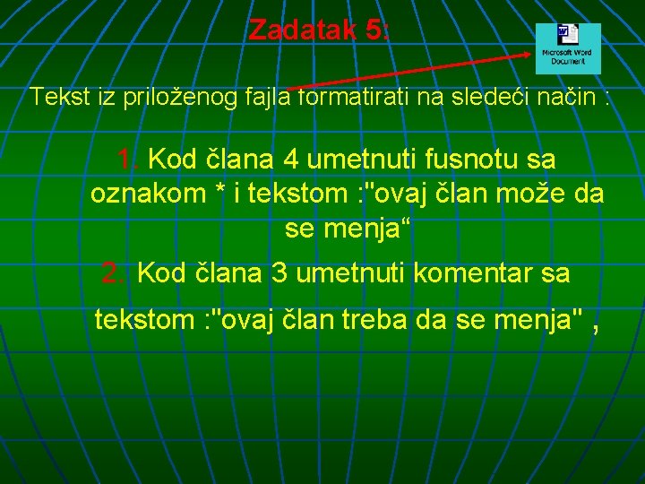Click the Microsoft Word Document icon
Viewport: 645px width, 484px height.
[x=568, y=48]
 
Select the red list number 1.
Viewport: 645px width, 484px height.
[x=127, y=160]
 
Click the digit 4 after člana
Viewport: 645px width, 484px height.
[x=291, y=160]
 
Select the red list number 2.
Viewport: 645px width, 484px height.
[x=114, y=273]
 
